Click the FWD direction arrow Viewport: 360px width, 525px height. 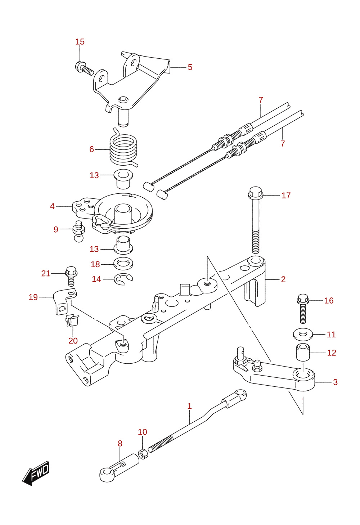[36, 473]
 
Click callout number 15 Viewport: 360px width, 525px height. [80, 42]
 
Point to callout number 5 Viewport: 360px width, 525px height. [190, 67]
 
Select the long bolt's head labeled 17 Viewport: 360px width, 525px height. [256, 193]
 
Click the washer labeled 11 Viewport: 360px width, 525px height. [303, 334]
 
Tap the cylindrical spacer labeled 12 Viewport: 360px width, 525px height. [303, 352]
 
